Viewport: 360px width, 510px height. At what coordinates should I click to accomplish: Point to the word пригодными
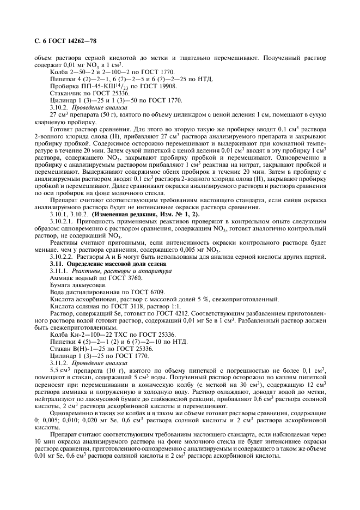point(120,243)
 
